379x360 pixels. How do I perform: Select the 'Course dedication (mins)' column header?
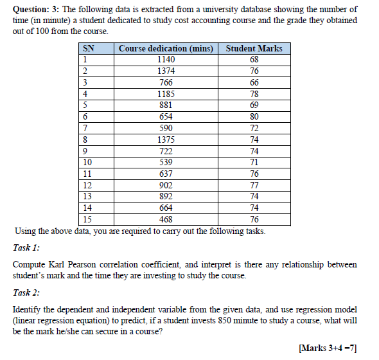click(x=166, y=49)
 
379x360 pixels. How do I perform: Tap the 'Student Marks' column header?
click(x=254, y=49)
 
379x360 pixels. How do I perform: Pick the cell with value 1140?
click(x=166, y=60)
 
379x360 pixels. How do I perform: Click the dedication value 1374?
click(x=166, y=71)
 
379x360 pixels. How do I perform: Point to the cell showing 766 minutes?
click(x=166, y=82)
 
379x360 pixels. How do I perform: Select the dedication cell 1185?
click(x=166, y=94)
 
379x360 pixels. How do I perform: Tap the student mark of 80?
click(x=254, y=116)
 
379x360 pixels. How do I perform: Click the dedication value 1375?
click(x=166, y=139)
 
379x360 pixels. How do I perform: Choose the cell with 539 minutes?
click(x=166, y=161)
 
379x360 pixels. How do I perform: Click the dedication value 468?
click(x=166, y=219)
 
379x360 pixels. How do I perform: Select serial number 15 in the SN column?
click(x=88, y=219)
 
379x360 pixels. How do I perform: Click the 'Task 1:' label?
click(x=26, y=248)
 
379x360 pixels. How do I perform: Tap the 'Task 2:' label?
click(x=26, y=292)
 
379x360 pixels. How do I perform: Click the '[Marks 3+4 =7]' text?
click(x=328, y=348)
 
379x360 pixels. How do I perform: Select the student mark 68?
click(x=254, y=60)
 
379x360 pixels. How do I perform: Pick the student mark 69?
click(x=254, y=105)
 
